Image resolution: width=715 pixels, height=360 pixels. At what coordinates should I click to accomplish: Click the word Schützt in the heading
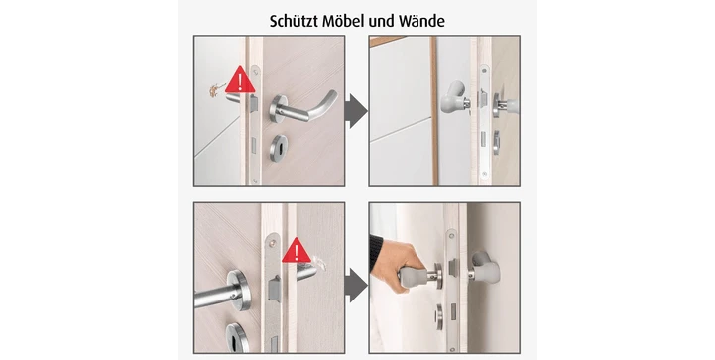295,21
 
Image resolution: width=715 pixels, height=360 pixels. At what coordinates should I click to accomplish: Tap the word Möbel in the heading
343,21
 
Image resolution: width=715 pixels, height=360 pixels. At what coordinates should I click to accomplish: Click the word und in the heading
381,22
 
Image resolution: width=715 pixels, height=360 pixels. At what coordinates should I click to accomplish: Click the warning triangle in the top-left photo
240,80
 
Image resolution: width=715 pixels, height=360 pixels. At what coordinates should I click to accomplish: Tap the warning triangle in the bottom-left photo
297,250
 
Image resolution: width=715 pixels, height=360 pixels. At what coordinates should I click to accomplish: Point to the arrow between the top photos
356,111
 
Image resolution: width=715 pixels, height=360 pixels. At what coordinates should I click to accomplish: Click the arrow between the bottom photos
356,285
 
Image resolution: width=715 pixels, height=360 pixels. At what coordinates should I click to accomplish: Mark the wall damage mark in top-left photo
214,90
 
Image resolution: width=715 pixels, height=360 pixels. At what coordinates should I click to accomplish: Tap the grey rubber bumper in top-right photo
452,97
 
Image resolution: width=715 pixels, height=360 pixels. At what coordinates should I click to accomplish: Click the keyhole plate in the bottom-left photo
238,337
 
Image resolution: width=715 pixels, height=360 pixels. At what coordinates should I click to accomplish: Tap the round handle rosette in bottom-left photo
238,290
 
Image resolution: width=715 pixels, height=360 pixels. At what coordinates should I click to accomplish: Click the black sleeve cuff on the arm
375,251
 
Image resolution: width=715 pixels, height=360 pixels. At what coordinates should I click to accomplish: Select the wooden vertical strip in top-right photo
434,111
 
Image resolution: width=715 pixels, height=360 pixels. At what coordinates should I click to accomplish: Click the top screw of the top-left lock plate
256,72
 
